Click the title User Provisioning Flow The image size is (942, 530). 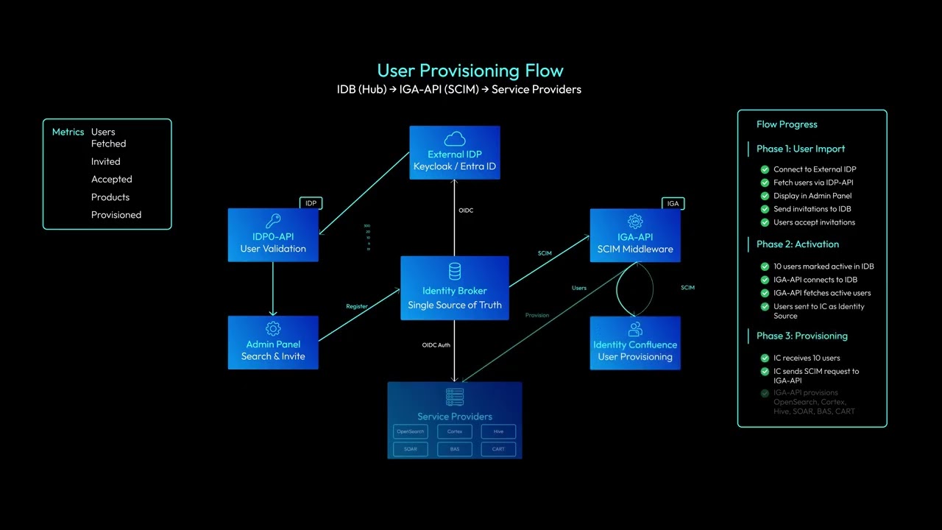coord(470,71)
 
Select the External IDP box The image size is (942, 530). coord(455,152)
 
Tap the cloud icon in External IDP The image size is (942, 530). coord(455,138)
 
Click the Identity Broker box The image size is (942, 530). coord(454,288)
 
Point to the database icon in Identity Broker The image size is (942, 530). coord(455,271)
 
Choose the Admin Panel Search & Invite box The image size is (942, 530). coord(273,342)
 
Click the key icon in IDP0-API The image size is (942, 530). coord(273,221)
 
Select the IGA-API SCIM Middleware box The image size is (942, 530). coord(635,235)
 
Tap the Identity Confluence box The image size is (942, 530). coord(635,343)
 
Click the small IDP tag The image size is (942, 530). coord(311,203)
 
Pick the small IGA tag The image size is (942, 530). coord(673,203)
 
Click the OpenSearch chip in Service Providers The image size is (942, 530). coord(410,431)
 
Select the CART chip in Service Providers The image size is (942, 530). coord(498,448)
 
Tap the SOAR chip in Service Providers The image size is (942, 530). coord(410,448)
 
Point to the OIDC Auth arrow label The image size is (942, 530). coord(436,344)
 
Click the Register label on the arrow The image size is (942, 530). coord(357,306)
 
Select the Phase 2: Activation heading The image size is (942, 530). coord(797,244)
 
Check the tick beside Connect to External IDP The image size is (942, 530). coord(765,169)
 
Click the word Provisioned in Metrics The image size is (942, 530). coord(116,215)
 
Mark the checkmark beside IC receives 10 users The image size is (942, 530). coord(765,358)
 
